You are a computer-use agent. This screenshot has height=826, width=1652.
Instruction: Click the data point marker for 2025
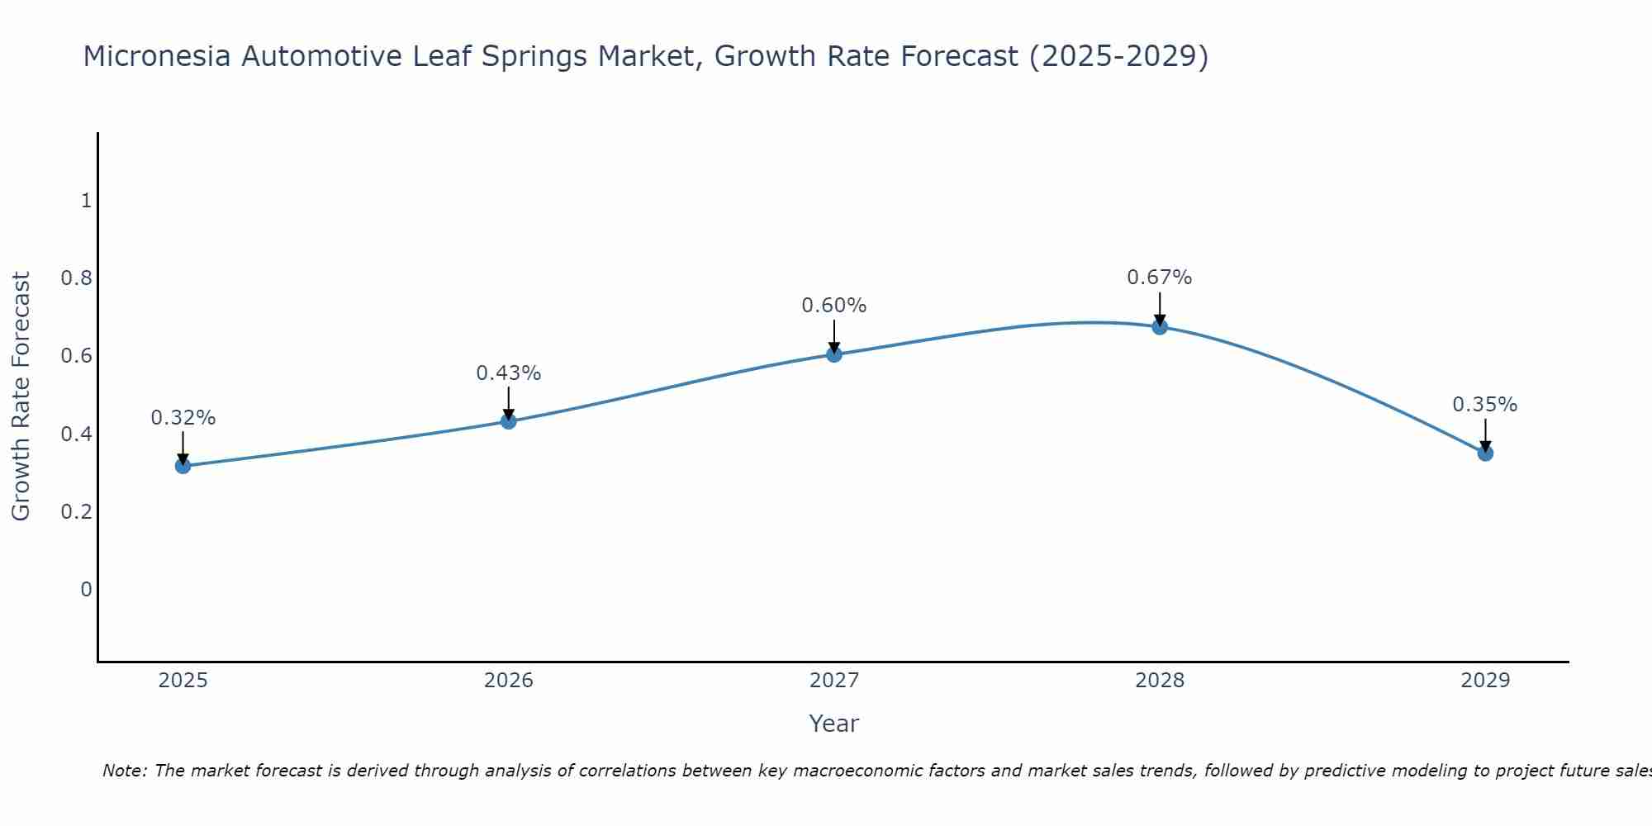point(183,466)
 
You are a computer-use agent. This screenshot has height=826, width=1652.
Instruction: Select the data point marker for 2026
point(509,421)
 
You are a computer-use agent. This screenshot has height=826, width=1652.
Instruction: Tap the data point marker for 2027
point(834,354)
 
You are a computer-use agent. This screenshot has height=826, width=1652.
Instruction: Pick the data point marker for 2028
point(1160,326)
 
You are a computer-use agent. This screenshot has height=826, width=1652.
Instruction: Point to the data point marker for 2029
point(1485,453)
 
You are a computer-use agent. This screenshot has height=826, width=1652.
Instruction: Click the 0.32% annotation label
point(183,418)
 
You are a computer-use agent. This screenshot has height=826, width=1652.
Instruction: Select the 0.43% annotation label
point(509,373)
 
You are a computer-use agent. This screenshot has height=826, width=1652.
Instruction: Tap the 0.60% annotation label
point(834,306)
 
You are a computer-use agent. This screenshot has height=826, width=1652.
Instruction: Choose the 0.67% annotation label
point(1160,278)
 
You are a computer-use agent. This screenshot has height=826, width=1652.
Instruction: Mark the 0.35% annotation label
point(1485,405)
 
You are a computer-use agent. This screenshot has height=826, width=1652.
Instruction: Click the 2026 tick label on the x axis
point(509,681)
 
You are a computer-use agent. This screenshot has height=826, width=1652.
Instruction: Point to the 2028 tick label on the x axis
point(1160,681)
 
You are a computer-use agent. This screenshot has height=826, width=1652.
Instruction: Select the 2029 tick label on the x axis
point(1485,681)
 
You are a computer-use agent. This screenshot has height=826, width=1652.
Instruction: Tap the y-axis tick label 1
point(86,201)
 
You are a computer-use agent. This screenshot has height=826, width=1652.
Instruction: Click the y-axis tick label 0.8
point(76,278)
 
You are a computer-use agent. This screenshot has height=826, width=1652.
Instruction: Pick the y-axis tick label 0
point(86,590)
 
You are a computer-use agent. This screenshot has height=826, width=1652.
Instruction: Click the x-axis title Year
point(834,724)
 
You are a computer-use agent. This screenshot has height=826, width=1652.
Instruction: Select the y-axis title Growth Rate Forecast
point(21,396)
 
